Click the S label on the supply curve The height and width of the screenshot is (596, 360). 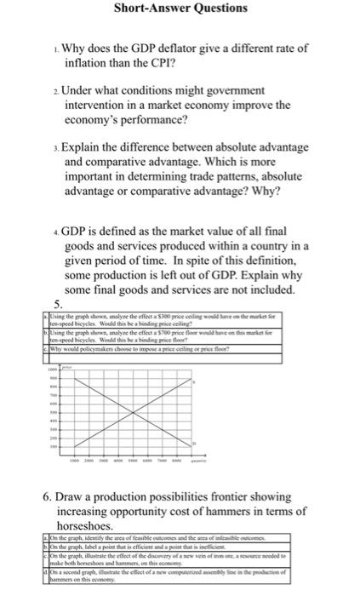195,384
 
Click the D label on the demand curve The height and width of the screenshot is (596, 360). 195,444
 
